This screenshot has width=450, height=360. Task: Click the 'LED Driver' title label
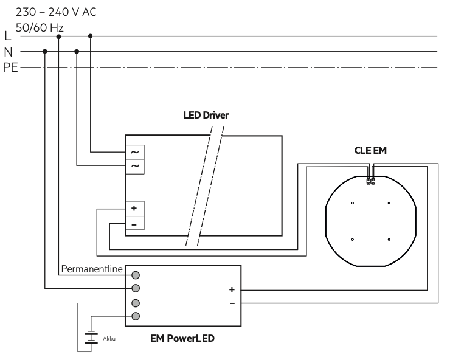coord(206,115)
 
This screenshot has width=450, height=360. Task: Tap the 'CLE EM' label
coord(370,150)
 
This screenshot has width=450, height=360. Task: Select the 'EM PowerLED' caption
coord(182,338)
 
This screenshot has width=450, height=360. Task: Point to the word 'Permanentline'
coord(92,269)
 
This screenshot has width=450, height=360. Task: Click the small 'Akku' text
coord(109,339)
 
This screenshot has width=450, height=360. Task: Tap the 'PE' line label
coord(10,67)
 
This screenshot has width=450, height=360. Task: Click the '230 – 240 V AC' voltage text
coord(56,12)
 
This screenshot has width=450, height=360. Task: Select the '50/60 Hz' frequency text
coord(40,27)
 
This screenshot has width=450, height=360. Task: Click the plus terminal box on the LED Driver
coord(135,209)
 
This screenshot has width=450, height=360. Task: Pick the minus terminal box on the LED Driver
coord(135,223)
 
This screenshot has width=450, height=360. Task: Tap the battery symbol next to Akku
coord(91,337)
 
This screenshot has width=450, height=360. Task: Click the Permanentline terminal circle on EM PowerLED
coord(136,275)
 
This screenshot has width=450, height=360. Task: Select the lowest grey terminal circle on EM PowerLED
coord(136,316)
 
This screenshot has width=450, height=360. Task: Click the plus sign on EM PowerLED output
coord(232,289)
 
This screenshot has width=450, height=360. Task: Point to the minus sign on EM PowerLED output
coord(232,303)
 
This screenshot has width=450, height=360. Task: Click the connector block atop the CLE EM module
coord(371,181)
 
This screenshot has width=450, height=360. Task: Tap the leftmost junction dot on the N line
coord(45,52)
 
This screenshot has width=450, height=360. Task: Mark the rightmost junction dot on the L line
coord(91,36)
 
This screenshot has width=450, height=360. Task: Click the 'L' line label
coord(8,36)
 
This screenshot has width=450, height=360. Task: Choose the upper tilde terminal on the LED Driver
coord(135,152)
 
